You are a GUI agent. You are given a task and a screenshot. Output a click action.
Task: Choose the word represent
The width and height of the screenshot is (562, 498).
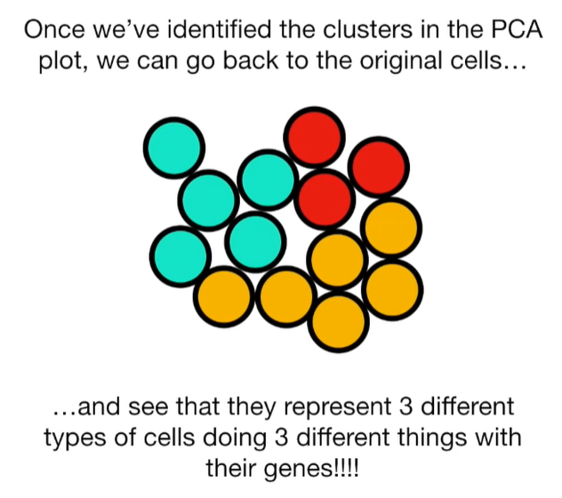coord(301,409)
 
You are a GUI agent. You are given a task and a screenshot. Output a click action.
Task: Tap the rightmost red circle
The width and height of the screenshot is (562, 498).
coord(380,166)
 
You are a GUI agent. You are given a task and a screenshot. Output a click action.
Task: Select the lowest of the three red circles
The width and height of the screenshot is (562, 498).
coord(325,197)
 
